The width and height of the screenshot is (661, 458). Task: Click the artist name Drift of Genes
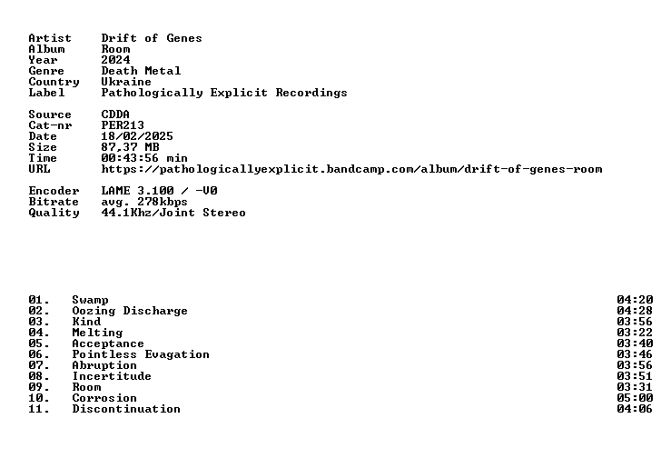[152, 38]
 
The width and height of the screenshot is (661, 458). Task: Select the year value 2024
[115, 60]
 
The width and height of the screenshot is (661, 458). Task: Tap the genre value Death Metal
[141, 71]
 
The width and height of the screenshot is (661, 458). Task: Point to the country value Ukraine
[126, 82]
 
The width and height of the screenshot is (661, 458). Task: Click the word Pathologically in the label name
[152, 94]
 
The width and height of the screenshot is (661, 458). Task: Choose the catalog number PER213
[123, 125]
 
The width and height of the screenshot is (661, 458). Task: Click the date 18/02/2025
[137, 136]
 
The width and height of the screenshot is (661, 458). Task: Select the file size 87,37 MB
[130, 147]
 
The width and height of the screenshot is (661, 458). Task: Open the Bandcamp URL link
[351, 169]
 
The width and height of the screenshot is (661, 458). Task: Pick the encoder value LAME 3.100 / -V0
[160, 191]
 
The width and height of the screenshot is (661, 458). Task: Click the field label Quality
[54, 213]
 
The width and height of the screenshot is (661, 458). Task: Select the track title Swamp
[90, 300]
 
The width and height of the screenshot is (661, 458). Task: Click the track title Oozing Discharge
[130, 311]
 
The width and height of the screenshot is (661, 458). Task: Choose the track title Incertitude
[112, 376]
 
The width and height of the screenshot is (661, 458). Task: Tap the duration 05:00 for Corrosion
[635, 398]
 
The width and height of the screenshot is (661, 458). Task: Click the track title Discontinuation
[126, 409]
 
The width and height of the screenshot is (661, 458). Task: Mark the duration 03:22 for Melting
[635, 333]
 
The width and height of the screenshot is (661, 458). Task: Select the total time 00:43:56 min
[144, 158]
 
